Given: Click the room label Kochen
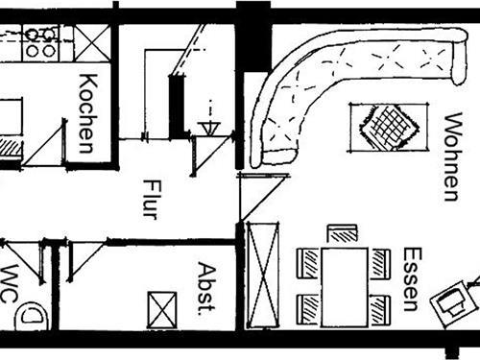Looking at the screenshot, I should pyautogui.click(x=85, y=112).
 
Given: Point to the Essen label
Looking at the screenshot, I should pyautogui.click(x=411, y=279).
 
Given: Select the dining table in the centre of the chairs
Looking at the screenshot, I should pyautogui.click(x=344, y=286).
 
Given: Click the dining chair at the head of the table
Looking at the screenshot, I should pyautogui.click(x=342, y=232).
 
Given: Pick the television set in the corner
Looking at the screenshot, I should pyautogui.click(x=452, y=303).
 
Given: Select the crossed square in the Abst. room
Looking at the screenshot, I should pyautogui.click(x=161, y=310).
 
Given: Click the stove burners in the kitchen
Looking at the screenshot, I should pyautogui.click(x=41, y=42).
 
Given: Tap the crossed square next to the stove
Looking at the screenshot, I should pyautogui.click(x=92, y=41).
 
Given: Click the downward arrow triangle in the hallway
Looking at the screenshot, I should pyautogui.click(x=208, y=126).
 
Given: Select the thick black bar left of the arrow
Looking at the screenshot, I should pyautogui.click(x=176, y=106).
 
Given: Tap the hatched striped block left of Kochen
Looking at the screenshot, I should pyautogui.click(x=10, y=148).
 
